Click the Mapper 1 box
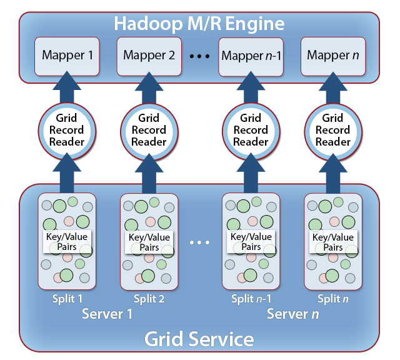[x=67, y=55]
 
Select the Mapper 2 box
[x=149, y=55]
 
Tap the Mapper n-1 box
[x=251, y=55]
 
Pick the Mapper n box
[x=332, y=55]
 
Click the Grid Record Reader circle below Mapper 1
[x=67, y=130]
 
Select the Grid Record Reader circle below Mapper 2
[x=149, y=130]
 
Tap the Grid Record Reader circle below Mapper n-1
[x=251, y=130]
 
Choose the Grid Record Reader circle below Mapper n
[x=332, y=130]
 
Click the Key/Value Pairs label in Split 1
[x=67, y=242]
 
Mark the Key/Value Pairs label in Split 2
[x=149, y=242]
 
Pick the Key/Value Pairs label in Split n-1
[x=251, y=242]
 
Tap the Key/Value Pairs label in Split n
[x=332, y=242]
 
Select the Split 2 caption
[x=149, y=299]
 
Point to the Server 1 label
[x=107, y=314]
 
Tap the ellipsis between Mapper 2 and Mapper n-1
[x=199, y=56]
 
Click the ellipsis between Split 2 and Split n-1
[x=199, y=242]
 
